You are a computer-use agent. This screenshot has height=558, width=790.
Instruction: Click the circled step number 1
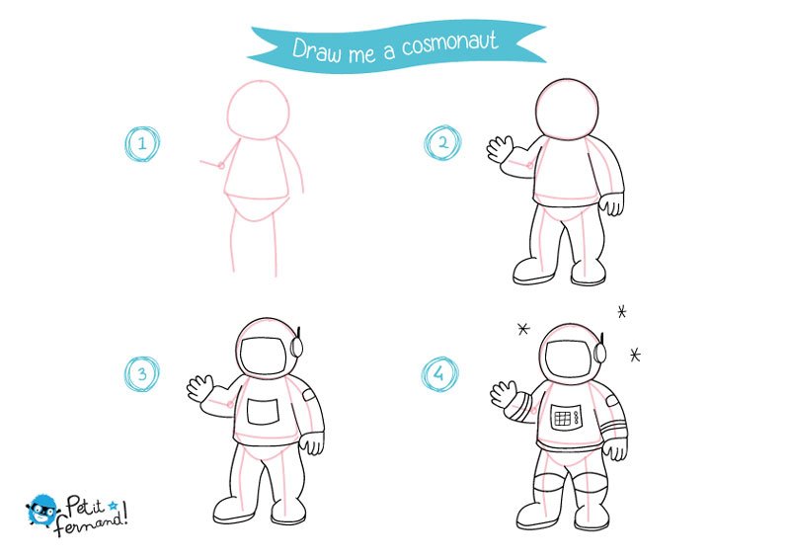coord(142,143)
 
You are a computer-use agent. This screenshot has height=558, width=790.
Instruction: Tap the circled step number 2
coord(442,143)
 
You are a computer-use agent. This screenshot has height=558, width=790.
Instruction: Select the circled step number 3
coord(142,374)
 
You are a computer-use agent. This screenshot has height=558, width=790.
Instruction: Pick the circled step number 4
coord(439,374)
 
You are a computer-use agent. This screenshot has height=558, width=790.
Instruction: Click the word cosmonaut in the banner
coord(450,43)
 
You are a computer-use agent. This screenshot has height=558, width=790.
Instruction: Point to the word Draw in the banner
coord(316,50)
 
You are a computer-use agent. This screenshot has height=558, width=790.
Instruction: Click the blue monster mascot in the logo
coord(41,511)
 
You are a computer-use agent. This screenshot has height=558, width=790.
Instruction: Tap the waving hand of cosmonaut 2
coord(500,149)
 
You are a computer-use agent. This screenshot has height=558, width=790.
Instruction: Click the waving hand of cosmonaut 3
coord(200,387)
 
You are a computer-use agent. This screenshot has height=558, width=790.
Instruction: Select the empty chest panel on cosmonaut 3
coord(263,411)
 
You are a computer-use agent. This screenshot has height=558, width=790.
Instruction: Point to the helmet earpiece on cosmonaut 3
coord(296,345)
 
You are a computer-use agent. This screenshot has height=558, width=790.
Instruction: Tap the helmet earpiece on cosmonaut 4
coord(599,351)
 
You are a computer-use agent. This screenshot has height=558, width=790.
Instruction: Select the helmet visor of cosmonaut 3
coord(263,356)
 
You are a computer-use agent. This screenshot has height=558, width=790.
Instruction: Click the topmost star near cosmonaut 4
coord(622,312)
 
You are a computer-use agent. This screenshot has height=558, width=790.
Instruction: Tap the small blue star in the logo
coord(113,505)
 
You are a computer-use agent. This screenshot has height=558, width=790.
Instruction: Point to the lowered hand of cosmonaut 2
coord(611,203)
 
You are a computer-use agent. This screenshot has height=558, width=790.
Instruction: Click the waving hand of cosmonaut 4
coord(504,394)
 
